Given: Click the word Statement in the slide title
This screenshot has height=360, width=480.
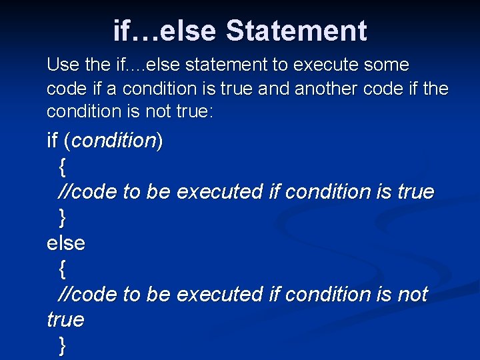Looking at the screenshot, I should coord(296,31).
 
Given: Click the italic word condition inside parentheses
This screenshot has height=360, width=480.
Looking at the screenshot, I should coord(113,141).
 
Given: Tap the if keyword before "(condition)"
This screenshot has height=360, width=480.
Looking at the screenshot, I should coord(53,141).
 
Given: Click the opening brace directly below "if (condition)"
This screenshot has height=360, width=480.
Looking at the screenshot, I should coord(62,167).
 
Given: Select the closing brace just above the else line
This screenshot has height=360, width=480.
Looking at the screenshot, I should coord(62,217).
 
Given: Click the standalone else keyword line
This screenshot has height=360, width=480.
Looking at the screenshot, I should coord(66,243).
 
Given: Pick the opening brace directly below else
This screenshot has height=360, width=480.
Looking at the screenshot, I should coord(62,269).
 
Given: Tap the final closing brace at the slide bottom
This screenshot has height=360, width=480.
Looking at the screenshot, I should coord(62,345).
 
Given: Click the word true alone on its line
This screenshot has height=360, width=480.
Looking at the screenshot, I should coord(65,320).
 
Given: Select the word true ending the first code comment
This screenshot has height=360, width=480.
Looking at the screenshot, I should coord(415,192).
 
